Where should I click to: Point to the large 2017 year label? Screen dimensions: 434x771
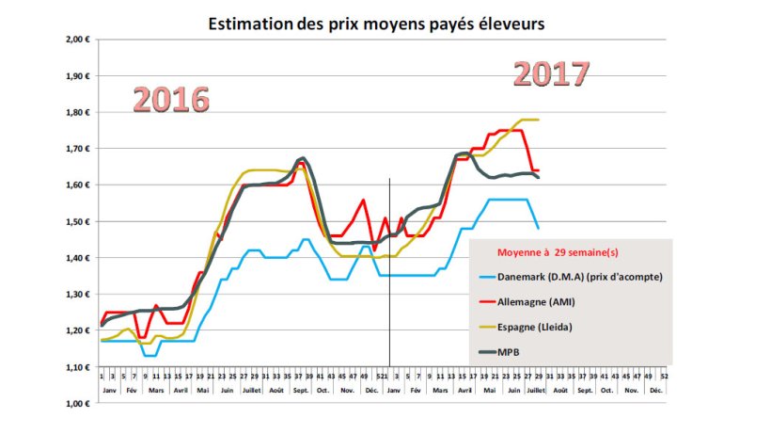(552, 73)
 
